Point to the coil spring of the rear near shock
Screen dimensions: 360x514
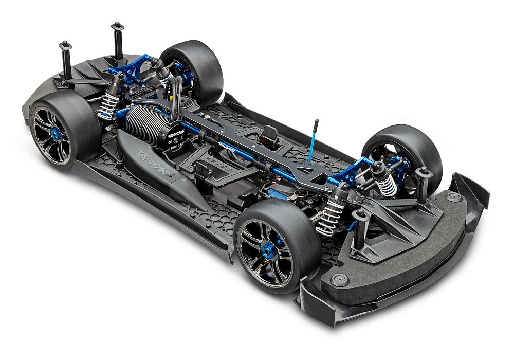tap(108, 106)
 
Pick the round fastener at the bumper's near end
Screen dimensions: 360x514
tap(339, 279)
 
